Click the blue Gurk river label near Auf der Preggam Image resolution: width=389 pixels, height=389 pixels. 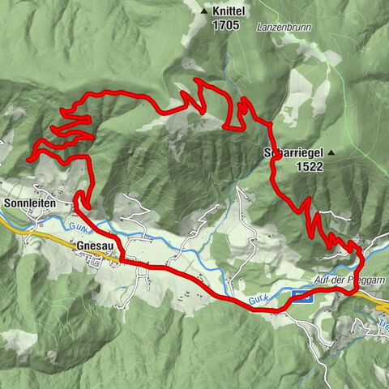pos(258,301)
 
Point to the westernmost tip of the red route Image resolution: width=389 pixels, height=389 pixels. pos(29,160)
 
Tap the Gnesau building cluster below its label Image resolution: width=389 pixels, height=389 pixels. pos(101,259)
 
